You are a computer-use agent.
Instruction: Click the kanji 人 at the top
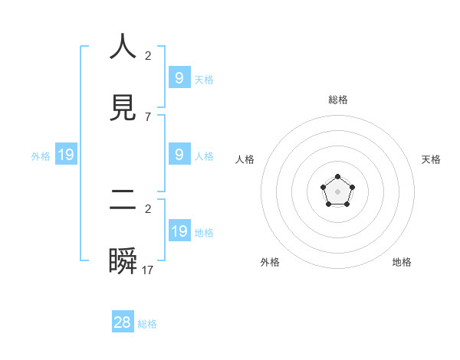(123, 47)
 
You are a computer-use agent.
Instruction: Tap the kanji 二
(123, 200)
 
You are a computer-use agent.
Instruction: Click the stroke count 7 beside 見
(148, 116)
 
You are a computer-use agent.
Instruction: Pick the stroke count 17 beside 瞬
(148, 270)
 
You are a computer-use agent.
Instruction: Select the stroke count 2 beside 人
(148, 55)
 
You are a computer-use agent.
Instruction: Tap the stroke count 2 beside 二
(148, 208)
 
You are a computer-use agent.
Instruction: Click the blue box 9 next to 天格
(179, 78)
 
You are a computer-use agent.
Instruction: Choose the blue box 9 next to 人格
(179, 155)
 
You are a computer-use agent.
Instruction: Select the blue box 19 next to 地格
(179, 231)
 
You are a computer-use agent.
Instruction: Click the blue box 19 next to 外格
(66, 155)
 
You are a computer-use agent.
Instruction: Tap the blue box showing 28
(123, 322)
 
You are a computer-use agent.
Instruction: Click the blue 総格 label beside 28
(148, 324)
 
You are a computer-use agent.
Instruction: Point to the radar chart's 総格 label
(338, 100)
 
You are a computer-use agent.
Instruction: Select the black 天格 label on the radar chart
(432, 159)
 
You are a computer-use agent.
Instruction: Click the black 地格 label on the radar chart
(402, 262)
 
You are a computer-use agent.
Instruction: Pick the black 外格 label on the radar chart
(270, 262)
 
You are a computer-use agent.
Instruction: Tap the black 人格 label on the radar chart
(245, 159)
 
